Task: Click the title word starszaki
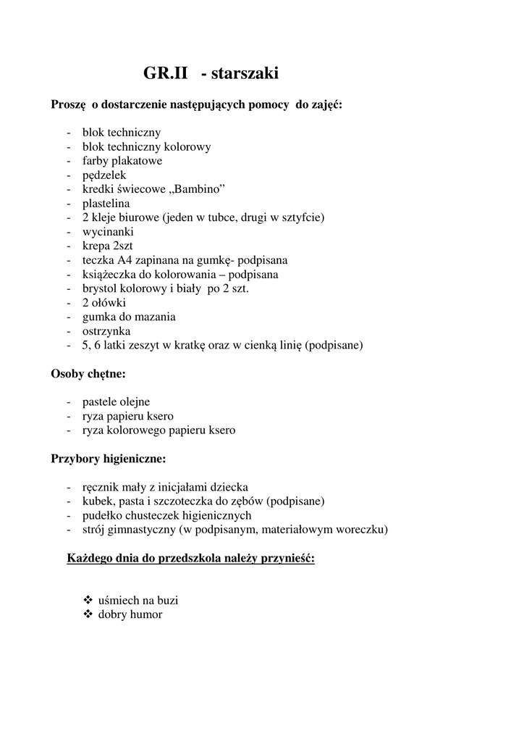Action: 245,73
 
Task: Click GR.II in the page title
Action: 166,73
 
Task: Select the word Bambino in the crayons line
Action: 199,189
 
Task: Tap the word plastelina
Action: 106,204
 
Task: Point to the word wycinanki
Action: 108,232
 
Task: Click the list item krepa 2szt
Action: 107,246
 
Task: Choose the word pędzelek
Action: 104,175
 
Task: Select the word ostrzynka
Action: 106,331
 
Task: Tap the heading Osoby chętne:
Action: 88,374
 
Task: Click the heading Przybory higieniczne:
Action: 109,459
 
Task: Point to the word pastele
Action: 100,401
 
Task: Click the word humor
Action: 146,614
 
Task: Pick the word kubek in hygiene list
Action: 98,501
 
